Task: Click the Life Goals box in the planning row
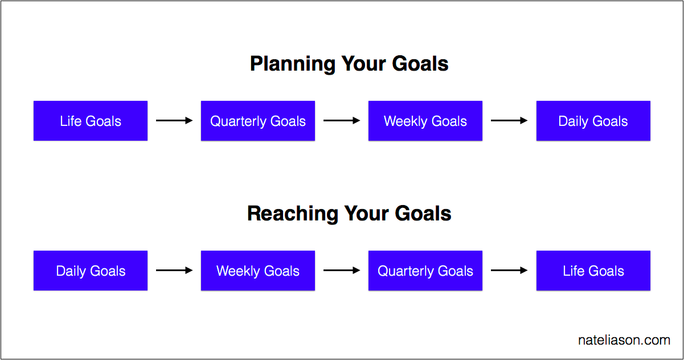[91, 121]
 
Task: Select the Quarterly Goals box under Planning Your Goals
[258, 121]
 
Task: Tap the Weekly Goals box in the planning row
[425, 121]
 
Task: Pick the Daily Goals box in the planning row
[593, 121]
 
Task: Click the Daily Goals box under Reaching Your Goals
[91, 271]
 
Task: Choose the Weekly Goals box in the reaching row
[258, 271]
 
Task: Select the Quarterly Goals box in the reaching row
[425, 271]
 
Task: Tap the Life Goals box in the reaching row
[593, 271]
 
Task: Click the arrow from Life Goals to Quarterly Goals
[174, 121]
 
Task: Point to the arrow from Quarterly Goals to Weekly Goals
[342, 121]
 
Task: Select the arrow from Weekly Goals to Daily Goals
[509, 121]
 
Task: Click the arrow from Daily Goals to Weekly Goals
[174, 270]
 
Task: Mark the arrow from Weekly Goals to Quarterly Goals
[342, 270]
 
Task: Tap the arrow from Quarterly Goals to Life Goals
[509, 270]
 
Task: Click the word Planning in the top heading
[293, 64]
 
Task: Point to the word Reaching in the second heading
[293, 214]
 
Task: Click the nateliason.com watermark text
[624, 340]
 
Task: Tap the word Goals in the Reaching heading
[423, 213]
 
